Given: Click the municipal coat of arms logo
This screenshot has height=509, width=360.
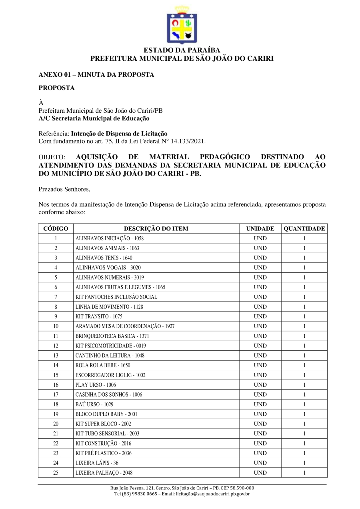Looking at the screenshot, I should coord(182,25).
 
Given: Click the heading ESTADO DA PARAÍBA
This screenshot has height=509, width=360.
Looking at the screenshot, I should coord(182,50).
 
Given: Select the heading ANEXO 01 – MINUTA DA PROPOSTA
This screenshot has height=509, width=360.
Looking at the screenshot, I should coord(96,75).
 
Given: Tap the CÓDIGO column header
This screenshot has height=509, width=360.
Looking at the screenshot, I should coord(56,229).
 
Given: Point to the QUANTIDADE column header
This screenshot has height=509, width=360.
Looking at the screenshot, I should coord(304,229).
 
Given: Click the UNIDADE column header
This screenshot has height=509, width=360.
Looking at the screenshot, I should coord(260,229).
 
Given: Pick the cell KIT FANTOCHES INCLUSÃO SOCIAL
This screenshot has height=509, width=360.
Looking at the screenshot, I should coord(116,297).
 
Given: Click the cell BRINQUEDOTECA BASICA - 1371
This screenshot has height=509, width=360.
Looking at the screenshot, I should coord(112,336).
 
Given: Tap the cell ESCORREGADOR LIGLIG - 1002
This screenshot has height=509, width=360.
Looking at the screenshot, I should coord(110,375).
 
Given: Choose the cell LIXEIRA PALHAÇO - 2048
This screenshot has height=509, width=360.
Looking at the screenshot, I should coord(104,473).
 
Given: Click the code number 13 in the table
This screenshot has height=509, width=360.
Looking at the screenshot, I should coord(56,355).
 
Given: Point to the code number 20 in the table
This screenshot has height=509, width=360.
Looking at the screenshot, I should coord(56,424).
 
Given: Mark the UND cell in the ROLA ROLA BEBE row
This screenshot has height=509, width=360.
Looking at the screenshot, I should coord(260,365).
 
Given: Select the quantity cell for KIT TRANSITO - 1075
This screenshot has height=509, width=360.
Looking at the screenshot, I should coord(304,316).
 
